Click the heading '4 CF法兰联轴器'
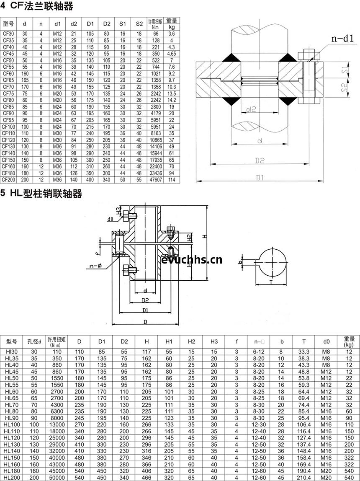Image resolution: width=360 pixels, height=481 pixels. pos(37,6)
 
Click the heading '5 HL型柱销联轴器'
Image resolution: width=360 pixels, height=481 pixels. pos(41,194)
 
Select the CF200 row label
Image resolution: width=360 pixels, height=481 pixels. pos(8,180)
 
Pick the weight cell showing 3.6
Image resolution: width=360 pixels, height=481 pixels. pos(172,34)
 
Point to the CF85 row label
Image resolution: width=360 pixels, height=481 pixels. pos(8,107)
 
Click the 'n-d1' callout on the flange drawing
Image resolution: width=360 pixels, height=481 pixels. pos(342,39)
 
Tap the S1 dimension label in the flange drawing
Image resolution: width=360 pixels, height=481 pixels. pos(345,70)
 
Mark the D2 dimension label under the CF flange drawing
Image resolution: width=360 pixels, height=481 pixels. pos(260,160)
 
